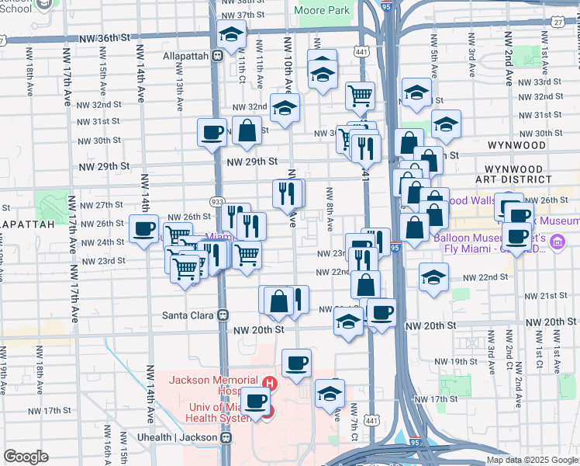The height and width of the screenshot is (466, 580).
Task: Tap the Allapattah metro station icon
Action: pos(218,56)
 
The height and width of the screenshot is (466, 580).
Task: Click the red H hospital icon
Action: pos(269,382)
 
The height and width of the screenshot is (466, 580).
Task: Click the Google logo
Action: pos(26,457)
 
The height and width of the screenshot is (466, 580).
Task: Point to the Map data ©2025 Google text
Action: pos(531,460)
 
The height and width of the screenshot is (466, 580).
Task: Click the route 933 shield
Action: pos(218,202)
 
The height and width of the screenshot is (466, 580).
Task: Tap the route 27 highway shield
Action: pos(558,23)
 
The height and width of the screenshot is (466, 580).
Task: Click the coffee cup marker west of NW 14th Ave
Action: pos(143,228)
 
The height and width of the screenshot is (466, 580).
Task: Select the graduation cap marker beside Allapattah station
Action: pos(231,34)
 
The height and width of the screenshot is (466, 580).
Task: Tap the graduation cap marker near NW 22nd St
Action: pos(434,276)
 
